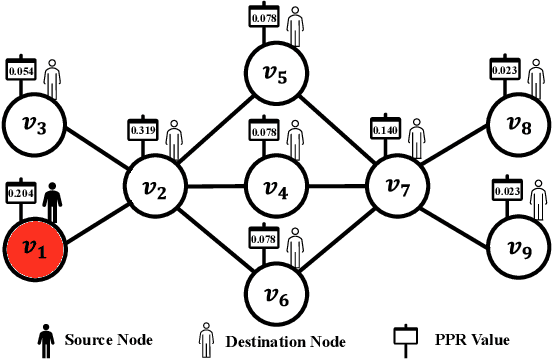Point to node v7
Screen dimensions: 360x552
coord(397,185)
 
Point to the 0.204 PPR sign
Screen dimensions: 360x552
coord(22,192)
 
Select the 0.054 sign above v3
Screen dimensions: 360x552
coord(22,70)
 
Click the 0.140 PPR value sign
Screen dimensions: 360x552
coord(385,130)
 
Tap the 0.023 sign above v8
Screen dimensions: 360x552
coord(504,70)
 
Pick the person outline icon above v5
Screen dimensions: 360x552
coord(294,24)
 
